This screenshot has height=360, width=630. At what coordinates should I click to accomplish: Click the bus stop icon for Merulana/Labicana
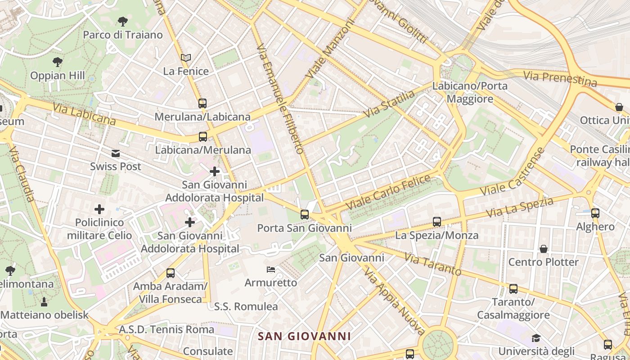(202, 103)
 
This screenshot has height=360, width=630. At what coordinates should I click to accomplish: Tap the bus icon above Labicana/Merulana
(203, 137)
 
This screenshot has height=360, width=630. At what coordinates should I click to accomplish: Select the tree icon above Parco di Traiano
(122, 21)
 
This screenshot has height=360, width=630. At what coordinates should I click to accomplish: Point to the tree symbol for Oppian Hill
(57, 62)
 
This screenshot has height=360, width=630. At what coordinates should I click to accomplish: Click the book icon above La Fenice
(186, 58)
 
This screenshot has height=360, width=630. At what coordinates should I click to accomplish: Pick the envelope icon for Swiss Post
(116, 153)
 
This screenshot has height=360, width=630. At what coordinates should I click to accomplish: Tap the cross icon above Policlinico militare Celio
(99, 209)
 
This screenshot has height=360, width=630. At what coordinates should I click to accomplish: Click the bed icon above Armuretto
(271, 270)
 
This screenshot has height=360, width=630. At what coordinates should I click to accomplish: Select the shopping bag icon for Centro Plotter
(544, 249)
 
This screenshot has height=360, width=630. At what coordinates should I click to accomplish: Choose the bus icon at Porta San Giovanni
(305, 215)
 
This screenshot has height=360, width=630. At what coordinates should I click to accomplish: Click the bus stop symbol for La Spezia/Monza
(436, 222)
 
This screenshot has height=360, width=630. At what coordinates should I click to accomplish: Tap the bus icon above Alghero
(595, 213)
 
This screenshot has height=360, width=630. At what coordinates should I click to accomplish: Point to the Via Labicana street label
(84, 114)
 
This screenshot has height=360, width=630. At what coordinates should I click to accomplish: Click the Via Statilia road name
(389, 104)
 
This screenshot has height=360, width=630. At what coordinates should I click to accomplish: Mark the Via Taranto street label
(432, 264)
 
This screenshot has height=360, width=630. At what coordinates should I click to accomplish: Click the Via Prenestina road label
(560, 79)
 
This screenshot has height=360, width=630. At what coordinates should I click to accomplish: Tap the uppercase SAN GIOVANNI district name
(304, 336)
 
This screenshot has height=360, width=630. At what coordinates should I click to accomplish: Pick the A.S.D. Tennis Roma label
(166, 329)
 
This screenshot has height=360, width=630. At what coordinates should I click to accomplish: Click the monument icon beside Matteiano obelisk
(44, 301)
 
